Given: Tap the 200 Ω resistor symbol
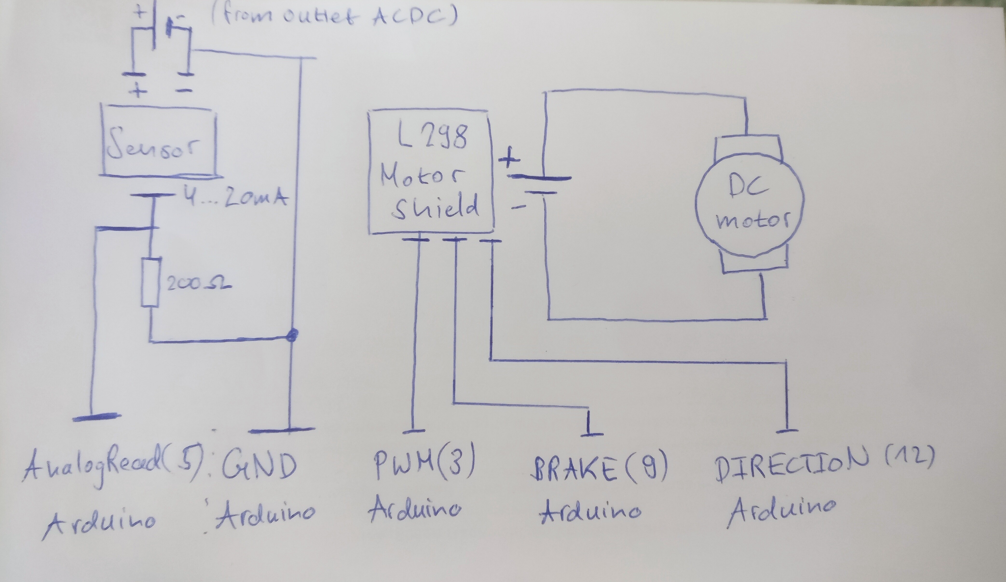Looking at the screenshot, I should point(151,282).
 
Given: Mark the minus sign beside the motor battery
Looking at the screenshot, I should point(518,207).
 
